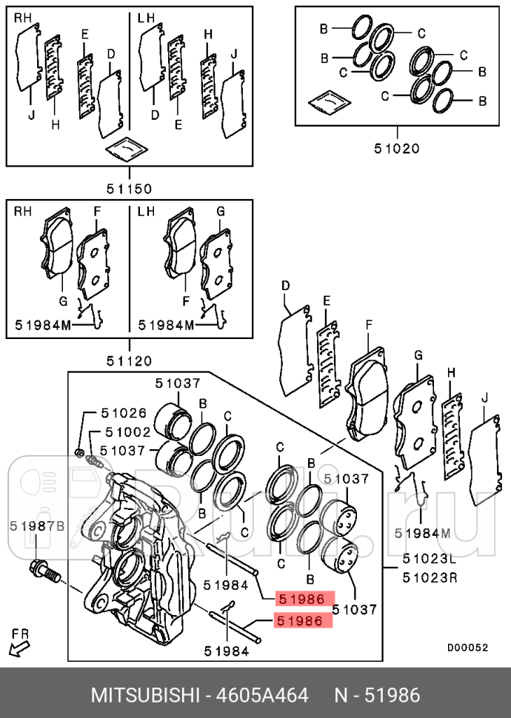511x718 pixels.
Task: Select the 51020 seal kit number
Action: point(395,147)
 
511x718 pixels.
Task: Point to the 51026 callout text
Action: point(124,413)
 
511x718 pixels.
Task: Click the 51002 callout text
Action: point(127,432)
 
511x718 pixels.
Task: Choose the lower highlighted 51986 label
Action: point(302,621)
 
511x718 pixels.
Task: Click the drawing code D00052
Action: point(467,646)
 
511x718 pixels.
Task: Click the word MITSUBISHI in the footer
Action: point(145,696)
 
